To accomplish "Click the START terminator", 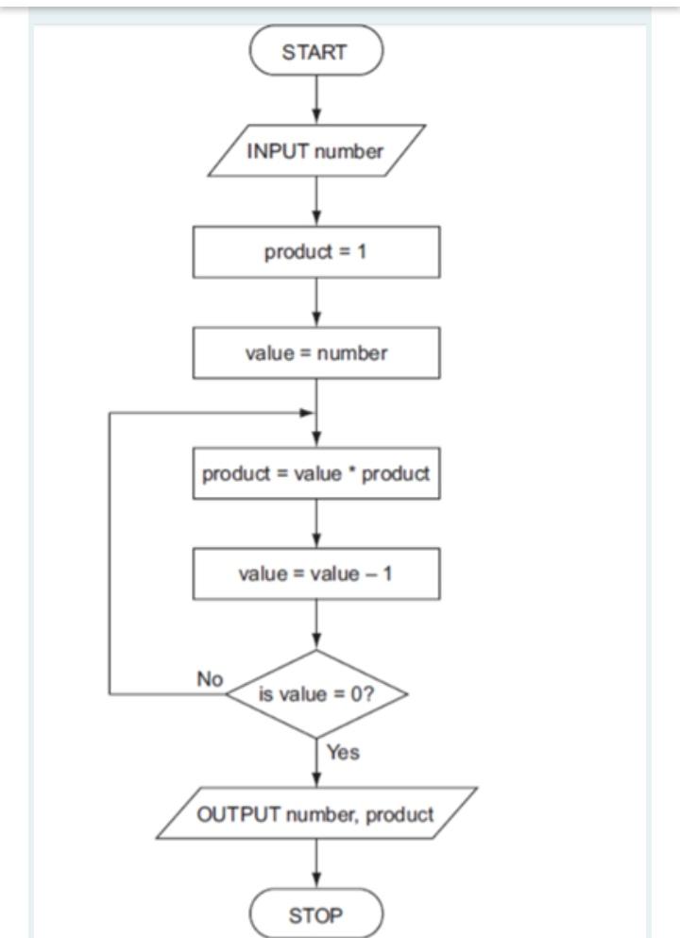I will [x=315, y=52].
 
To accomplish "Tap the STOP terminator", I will [x=315, y=914].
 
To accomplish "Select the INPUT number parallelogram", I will [x=315, y=152].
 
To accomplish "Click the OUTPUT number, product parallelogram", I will [x=315, y=813].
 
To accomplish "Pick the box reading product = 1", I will [x=315, y=252].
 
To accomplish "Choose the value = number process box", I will [x=315, y=353].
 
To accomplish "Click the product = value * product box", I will [x=315, y=473].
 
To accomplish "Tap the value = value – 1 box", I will [x=315, y=573].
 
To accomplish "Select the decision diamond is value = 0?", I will [x=315, y=694].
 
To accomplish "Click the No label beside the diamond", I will [x=209, y=679].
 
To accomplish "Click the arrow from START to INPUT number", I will [x=315, y=99].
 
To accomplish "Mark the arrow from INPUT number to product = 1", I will [x=315, y=201].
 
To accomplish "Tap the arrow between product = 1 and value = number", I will [x=315, y=302].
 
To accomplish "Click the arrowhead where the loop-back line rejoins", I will [x=306, y=414].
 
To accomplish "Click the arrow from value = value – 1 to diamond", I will [x=315, y=624].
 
